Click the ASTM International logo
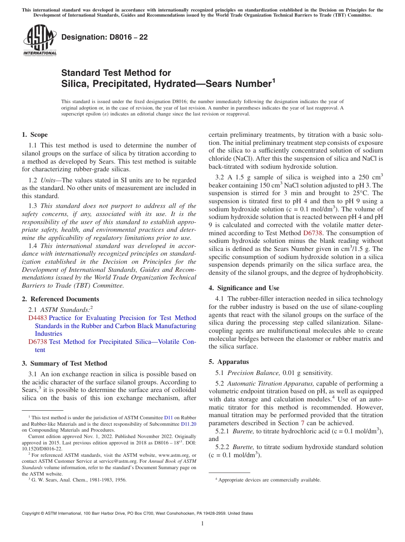[x=40, y=40]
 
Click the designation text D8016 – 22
[x=104, y=37]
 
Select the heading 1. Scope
[x=35, y=135]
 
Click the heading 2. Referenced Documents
[x=60, y=299]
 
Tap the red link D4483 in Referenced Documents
[x=38, y=318]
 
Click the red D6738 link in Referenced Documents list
[x=38, y=342]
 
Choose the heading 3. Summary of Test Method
[x=64, y=363]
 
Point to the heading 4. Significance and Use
[x=244, y=288]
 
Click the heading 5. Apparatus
[x=229, y=362]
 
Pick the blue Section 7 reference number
[x=302, y=423]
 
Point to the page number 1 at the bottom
[x=202, y=523]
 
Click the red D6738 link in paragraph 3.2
[x=313, y=233]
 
